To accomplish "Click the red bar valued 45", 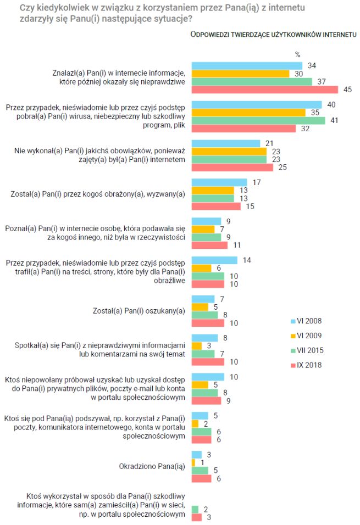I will coord(264,90).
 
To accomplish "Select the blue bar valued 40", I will coord(256,104).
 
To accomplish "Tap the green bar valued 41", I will coord(258,120).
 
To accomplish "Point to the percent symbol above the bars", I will coord(298,54).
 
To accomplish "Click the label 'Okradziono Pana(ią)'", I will coord(152,467).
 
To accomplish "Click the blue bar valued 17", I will coord(219,182).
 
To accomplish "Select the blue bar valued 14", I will coord(214,260).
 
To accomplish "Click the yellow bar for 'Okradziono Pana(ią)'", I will coord(193,463).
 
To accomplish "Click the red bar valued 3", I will coord(195,517).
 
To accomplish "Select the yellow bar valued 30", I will coord(240,74).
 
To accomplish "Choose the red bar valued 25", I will coord(231,167).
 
